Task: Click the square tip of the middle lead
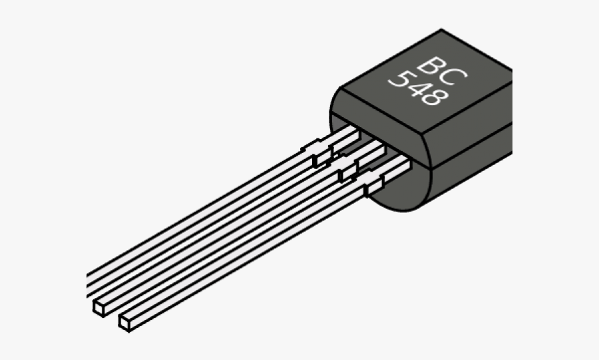(99, 307)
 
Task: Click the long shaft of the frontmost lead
(246, 253)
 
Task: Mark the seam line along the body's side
(466, 142)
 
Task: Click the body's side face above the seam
(466, 120)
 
